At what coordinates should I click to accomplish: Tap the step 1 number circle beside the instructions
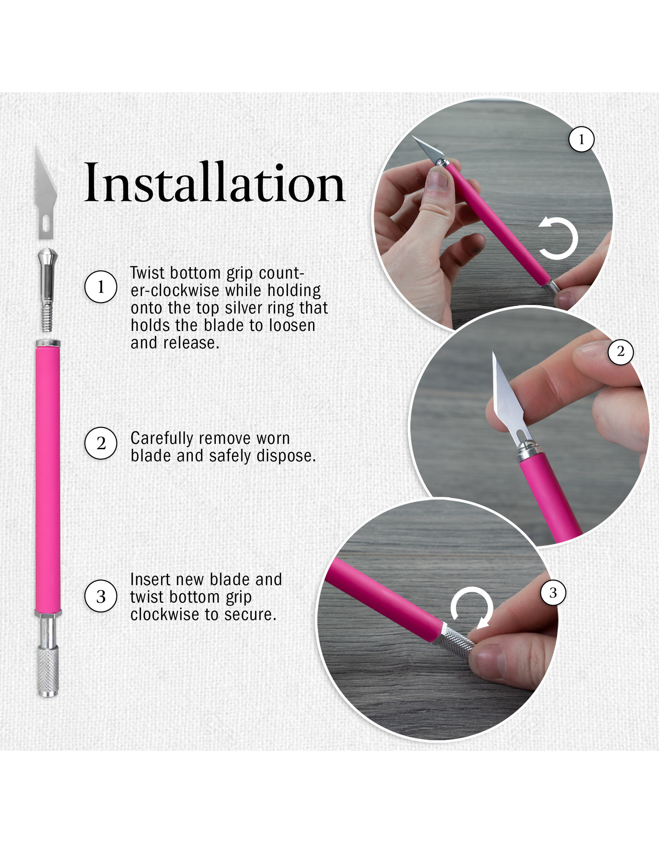pos(101,287)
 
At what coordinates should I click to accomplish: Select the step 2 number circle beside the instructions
pos(101,443)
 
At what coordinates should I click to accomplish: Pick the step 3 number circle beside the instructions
pos(101,596)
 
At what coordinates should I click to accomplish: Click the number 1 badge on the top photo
pos(581,140)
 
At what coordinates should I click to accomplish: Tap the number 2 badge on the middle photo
pos(620,352)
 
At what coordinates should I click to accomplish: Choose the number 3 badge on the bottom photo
pos(553,593)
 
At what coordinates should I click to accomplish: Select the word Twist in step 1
pos(147,273)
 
